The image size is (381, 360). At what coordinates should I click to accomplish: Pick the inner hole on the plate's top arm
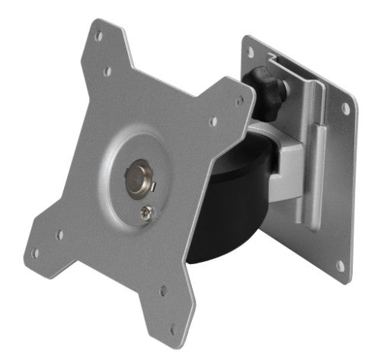coord(108,72)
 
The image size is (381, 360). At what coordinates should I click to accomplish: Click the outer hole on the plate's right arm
coord(242,100)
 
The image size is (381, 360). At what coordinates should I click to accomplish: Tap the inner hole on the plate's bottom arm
coord(161,289)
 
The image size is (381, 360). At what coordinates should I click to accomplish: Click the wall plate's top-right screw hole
coord(345,109)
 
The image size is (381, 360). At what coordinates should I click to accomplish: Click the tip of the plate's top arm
coord(98,24)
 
